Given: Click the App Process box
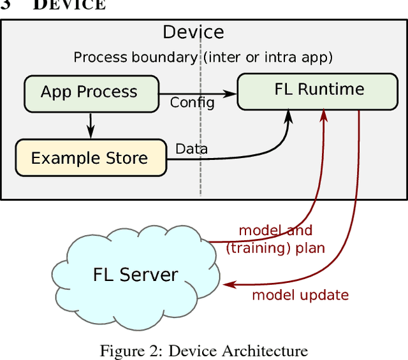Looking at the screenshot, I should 89,92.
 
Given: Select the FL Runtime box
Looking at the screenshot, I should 319,89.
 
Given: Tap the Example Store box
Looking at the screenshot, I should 89,158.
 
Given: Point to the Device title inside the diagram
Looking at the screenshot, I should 193,32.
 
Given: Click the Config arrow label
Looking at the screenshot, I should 192,103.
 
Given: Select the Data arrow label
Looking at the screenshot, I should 191,149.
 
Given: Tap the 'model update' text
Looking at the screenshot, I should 300,295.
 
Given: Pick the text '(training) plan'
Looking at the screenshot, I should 275,248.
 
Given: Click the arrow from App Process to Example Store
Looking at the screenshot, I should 91,126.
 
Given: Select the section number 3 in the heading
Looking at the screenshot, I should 6,5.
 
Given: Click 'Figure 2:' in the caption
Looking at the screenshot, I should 124,350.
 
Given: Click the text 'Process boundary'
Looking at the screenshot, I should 135,57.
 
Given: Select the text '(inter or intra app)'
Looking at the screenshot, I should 268,57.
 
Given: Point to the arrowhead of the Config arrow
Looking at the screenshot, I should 232,92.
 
